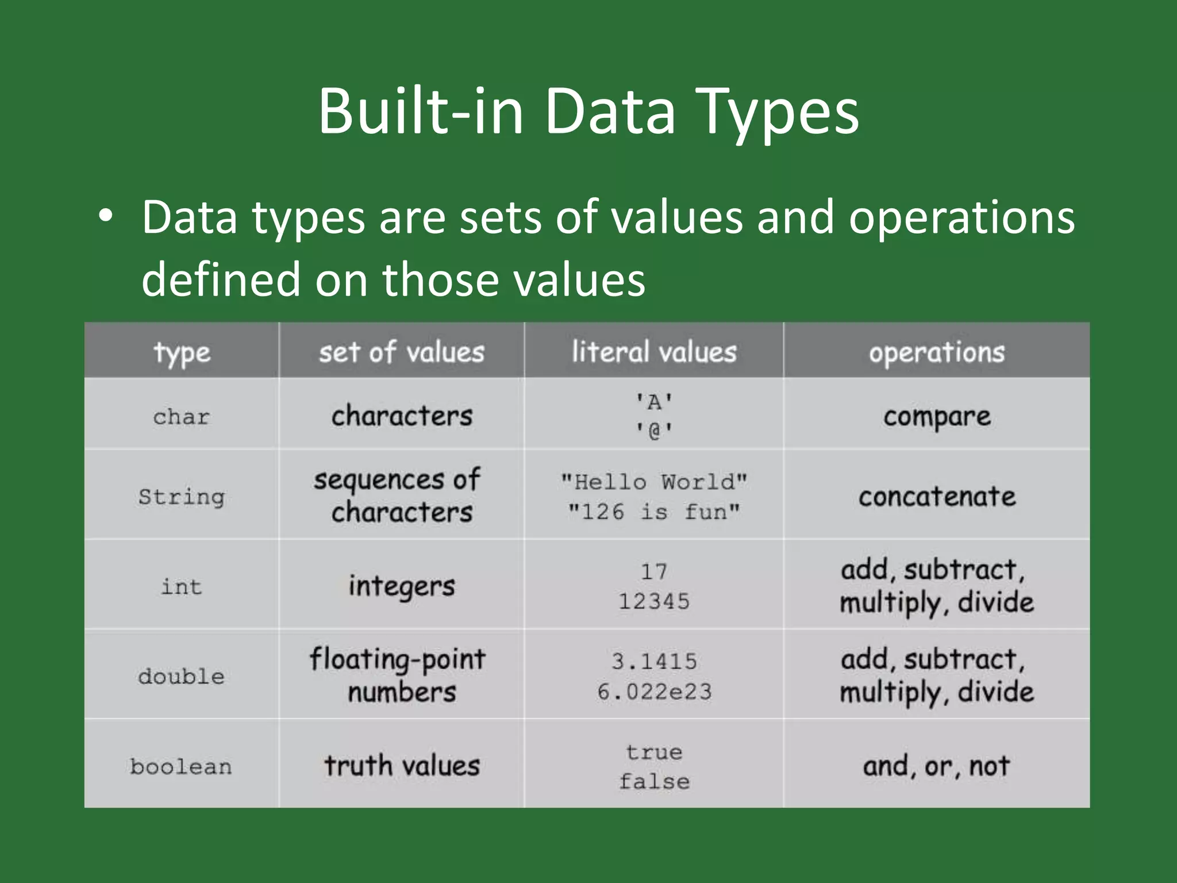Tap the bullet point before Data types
point(105,218)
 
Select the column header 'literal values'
point(654,351)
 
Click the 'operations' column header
point(936,352)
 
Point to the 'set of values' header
point(402,352)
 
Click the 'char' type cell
point(182,416)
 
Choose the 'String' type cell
point(182,496)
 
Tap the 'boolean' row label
point(181,766)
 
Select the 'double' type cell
point(181,676)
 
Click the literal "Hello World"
point(654,482)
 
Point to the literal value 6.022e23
point(654,692)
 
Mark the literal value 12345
point(654,601)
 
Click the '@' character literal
point(654,430)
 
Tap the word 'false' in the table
point(654,781)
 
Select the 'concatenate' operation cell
point(937,496)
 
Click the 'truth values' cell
point(402,766)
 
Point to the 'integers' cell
point(402,586)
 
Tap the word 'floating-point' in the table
point(398,659)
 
